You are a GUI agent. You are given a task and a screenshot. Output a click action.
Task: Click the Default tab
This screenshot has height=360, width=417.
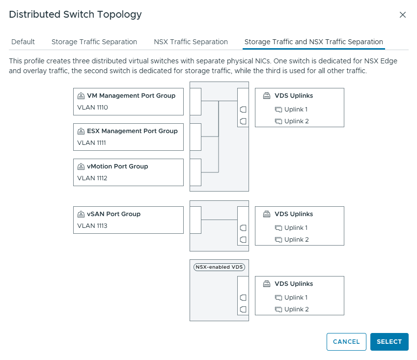tap(23, 42)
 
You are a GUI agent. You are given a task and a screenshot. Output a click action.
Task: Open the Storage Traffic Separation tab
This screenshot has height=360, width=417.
tap(94, 42)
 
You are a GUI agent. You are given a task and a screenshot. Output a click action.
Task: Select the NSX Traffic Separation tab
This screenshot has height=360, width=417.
tap(191, 42)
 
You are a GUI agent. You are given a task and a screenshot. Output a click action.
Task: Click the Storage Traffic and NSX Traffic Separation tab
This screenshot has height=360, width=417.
tap(313, 42)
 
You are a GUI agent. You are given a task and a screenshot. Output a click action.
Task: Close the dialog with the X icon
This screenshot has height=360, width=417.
tap(403, 15)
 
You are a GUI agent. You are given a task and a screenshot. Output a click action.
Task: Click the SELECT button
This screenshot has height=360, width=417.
tap(389, 342)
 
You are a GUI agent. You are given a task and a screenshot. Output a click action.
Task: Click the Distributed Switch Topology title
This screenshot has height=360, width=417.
tap(75, 15)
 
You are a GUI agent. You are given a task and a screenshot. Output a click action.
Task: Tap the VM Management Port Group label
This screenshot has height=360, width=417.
tap(131, 96)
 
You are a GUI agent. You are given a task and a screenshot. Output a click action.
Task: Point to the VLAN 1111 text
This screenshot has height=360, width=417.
tap(92, 143)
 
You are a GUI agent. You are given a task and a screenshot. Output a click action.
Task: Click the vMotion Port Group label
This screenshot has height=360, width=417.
tap(117, 166)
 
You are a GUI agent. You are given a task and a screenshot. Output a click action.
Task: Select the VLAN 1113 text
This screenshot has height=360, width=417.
tap(92, 226)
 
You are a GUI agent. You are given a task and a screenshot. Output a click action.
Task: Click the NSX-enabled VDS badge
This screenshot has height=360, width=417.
tap(219, 267)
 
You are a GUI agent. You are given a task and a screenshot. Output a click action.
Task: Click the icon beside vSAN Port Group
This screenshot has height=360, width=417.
tap(81, 214)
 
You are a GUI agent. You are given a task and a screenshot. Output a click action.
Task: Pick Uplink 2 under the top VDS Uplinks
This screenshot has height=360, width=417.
tap(296, 121)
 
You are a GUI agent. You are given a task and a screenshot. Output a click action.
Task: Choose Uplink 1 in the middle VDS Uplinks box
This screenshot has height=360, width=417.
tap(296, 228)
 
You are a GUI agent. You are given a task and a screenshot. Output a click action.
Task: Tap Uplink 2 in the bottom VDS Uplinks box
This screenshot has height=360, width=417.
tap(296, 309)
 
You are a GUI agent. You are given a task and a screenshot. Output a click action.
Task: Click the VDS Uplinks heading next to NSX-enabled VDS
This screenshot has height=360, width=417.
tap(294, 284)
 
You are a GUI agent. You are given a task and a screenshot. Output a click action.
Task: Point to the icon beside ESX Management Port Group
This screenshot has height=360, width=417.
tap(81, 131)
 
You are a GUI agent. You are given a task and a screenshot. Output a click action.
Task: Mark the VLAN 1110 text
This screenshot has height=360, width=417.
tap(92, 108)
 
